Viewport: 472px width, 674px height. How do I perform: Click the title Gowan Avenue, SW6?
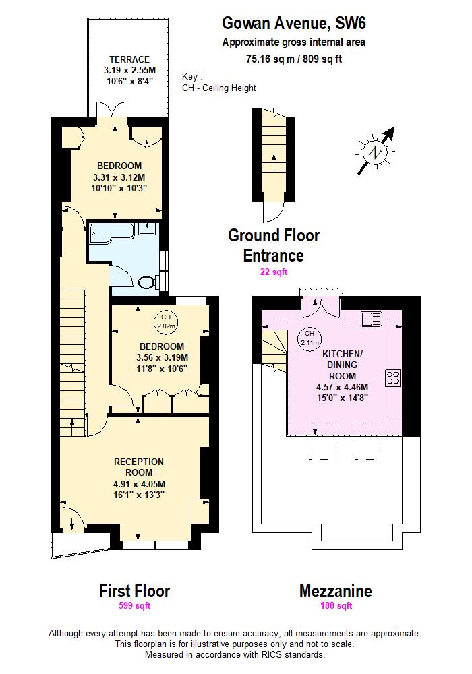[294, 24]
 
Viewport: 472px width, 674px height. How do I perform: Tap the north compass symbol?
[375, 152]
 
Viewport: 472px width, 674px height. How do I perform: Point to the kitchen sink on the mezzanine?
[372, 317]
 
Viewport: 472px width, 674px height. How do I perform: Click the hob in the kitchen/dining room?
[393, 378]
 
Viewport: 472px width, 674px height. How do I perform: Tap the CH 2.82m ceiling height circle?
[165, 321]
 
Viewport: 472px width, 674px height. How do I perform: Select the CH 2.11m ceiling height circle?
[309, 337]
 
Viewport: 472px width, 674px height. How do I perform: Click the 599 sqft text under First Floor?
[134, 605]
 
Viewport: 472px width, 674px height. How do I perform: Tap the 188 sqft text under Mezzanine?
[335, 605]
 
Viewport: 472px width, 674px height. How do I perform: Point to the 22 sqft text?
[274, 272]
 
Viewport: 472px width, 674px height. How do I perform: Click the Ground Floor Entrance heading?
[273, 245]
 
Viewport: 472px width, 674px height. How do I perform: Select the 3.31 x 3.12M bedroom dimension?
[119, 177]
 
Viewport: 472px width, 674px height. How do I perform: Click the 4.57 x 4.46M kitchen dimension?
[342, 388]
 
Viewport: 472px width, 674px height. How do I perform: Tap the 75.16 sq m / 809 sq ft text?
[294, 59]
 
